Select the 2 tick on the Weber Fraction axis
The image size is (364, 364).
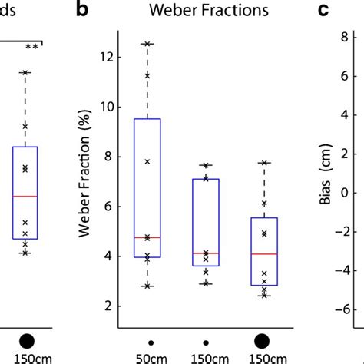point(111,306)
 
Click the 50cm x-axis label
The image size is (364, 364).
point(147,358)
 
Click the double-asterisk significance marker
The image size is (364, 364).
point(32,47)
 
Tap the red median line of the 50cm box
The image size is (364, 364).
point(147,238)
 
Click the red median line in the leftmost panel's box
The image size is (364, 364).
point(25,197)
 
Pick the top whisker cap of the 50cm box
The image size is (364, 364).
point(147,44)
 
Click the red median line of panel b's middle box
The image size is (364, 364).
point(205,253)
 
